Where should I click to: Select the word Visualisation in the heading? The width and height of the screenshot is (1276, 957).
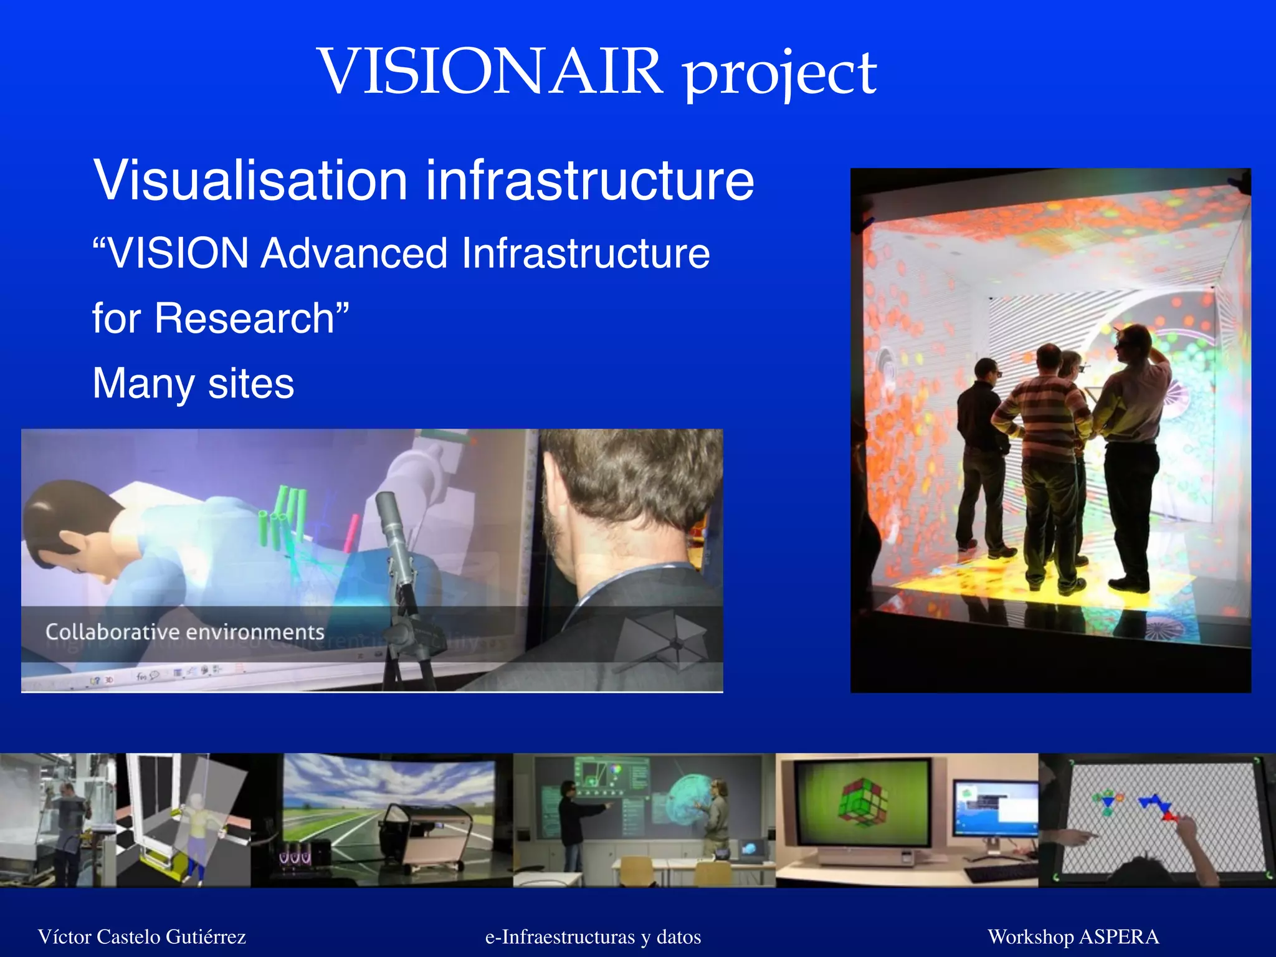point(250,181)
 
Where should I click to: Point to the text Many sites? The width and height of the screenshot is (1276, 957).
point(193,383)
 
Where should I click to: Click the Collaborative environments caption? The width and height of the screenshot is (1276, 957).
point(184,632)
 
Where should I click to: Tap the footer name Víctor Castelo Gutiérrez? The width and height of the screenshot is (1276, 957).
point(142,936)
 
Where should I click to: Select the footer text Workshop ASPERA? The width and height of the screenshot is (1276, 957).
point(1073,936)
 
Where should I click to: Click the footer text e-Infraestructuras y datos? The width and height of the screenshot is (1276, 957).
point(593,936)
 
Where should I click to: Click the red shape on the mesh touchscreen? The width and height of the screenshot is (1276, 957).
point(1168,815)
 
